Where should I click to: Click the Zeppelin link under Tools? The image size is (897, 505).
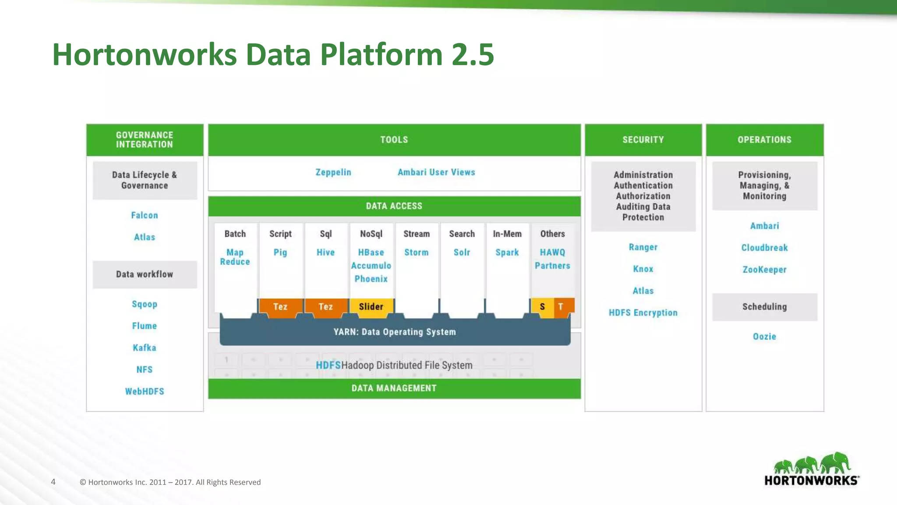click(333, 172)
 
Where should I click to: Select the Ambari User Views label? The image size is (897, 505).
click(436, 172)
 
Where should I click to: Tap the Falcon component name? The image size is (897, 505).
click(145, 215)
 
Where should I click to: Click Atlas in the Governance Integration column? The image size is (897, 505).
click(145, 237)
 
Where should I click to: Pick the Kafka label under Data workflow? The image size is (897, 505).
click(145, 348)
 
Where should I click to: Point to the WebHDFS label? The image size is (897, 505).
click(145, 391)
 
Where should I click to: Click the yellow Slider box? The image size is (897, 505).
click(371, 306)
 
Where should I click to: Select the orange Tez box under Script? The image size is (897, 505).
click(280, 306)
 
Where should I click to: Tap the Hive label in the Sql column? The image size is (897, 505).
click(325, 252)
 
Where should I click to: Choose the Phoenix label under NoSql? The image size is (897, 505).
click(371, 279)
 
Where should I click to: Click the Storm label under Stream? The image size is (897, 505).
click(416, 252)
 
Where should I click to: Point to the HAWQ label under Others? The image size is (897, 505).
click(552, 252)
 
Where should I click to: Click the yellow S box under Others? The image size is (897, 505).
click(542, 306)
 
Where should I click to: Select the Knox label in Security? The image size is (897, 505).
click(643, 269)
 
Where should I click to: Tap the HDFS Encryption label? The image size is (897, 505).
click(643, 313)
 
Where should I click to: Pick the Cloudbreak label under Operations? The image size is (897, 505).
click(764, 248)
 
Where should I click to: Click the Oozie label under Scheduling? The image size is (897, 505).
click(764, 337)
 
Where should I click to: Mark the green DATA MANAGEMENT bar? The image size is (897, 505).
click(394, 388)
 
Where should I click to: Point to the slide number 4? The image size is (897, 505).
click(53, 482)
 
